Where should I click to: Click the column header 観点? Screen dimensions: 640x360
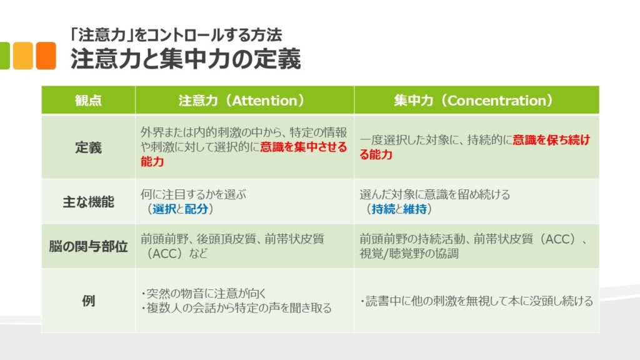coord(88,101)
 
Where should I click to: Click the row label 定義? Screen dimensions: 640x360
coord(88,147)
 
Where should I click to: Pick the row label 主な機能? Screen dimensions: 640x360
coord(88,202)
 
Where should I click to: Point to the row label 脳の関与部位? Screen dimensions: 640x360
coord(88,246)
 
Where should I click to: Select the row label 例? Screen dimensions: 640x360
coord(88,301)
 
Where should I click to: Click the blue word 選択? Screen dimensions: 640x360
coord(164,209)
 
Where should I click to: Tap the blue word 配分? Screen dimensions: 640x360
coord(196,209)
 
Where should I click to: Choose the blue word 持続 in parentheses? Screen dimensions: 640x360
coord(383,209)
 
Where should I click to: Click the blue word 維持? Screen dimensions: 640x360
coord(415,209)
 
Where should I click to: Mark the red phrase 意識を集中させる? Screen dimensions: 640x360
coord(304,147)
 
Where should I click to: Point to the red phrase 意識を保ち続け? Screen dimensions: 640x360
coord(551,140)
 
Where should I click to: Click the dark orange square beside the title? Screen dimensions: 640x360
coord(46,56)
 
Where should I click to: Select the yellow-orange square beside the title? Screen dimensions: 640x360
coord(23,56)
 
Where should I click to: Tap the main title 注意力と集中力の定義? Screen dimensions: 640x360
coord(186,59)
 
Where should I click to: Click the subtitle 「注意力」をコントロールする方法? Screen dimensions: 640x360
coord(176,35)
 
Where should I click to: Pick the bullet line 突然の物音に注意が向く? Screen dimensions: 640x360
coord(203,293)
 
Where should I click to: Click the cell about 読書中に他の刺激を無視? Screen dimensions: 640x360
coord(476,301)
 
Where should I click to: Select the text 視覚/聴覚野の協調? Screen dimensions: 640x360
coord(409,254)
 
